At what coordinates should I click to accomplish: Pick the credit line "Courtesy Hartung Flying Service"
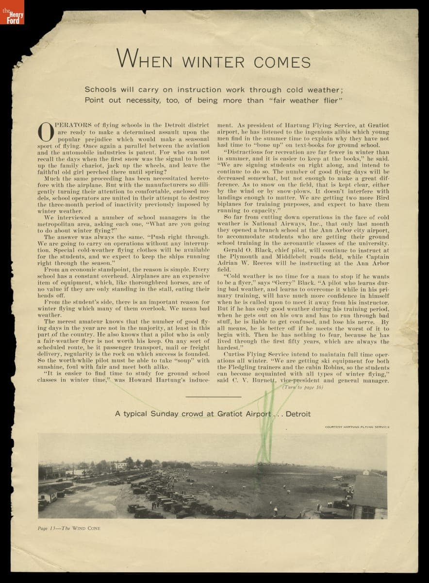tap(357, 427)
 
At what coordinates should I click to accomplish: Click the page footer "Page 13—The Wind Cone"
tap(69, 528)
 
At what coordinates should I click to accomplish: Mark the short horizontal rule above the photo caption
tap(214, 397)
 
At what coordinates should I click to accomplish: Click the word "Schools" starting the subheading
tap(101, 90)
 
